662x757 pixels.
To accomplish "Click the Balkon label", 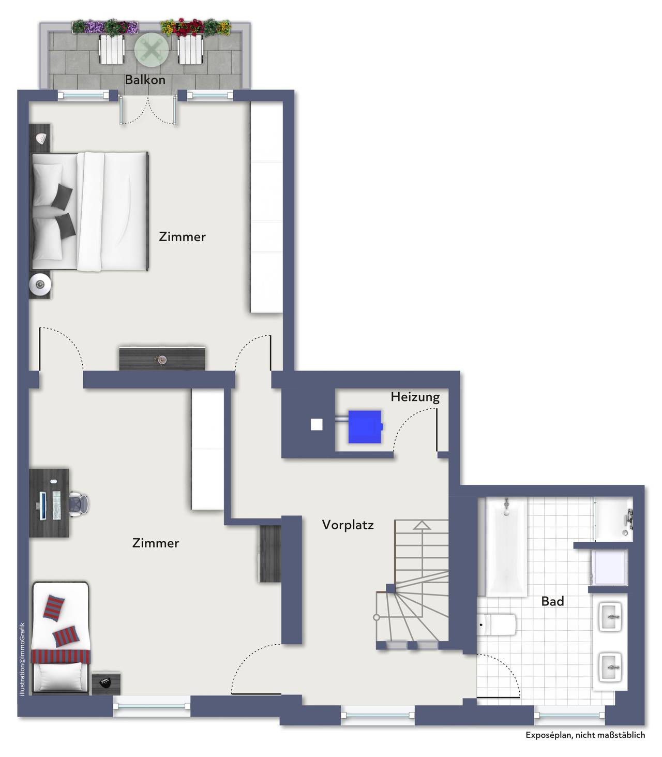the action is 145,80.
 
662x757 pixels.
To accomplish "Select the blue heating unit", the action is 366,426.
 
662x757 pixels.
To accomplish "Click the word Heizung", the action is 415,397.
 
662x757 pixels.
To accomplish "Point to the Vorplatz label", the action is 348,525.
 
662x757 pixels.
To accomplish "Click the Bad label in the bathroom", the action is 552,601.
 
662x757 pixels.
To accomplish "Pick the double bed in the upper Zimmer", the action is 90,211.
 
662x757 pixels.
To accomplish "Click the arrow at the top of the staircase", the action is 422,525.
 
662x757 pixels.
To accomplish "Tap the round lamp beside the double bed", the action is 40,284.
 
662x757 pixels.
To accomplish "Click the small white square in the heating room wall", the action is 316,425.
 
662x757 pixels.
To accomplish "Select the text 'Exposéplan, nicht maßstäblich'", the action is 585,735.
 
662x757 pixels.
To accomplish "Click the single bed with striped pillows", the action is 61,637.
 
